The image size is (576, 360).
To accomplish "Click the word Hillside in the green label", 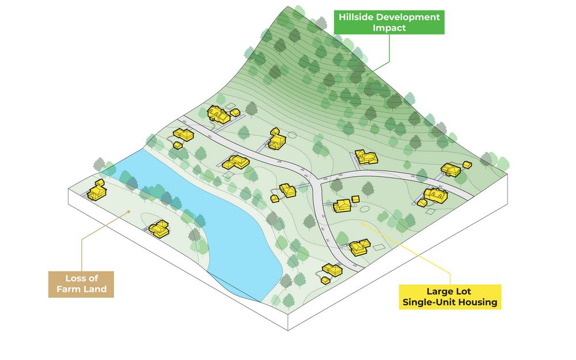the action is point(356,17).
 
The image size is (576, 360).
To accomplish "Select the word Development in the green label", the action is point(408,17).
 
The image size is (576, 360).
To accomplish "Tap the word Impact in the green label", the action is point(389,28).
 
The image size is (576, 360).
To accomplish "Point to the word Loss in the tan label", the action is point(75,278).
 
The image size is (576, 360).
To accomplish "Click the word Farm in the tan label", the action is point(67,289).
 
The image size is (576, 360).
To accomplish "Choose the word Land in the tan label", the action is point(94,289).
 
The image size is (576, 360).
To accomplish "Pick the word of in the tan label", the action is point(93,278).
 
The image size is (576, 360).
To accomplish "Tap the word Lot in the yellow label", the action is point(463,291).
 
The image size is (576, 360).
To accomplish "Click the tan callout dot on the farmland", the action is point(128,211).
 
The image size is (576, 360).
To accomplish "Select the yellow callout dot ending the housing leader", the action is point(362,223).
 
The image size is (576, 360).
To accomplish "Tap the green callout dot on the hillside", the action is point(366,74).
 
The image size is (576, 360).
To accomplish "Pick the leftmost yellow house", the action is point(97,190).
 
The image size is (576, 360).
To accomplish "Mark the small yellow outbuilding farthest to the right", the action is point(467,165).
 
